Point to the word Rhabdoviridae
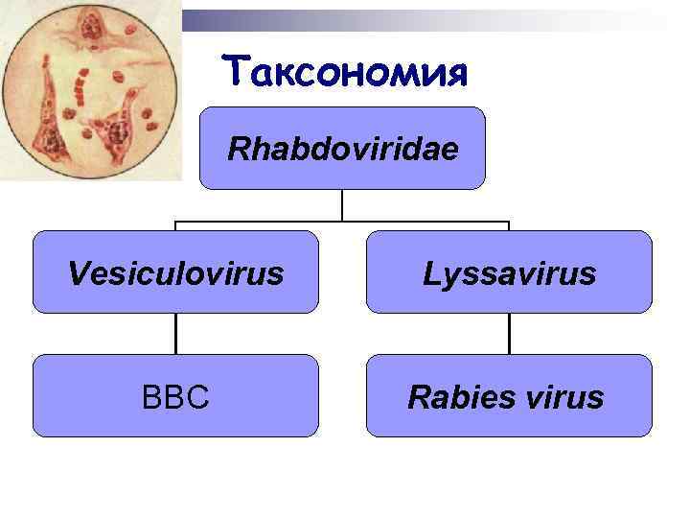(x=342, y=150)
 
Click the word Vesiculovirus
(x=175, y=274)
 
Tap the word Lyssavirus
(x=509, y=275)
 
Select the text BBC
(x=175, y=396)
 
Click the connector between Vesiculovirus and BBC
(x=175, y=334)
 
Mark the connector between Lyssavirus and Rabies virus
(x=509, y=334)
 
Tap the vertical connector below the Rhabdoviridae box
(x=342, y=205)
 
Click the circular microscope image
(x=91, y=91)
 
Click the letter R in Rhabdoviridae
(x=237, y=150)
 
